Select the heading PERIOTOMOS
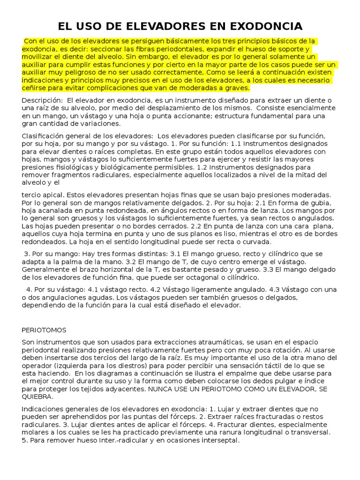[x=44, y=330]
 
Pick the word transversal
[x=309, y=432]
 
